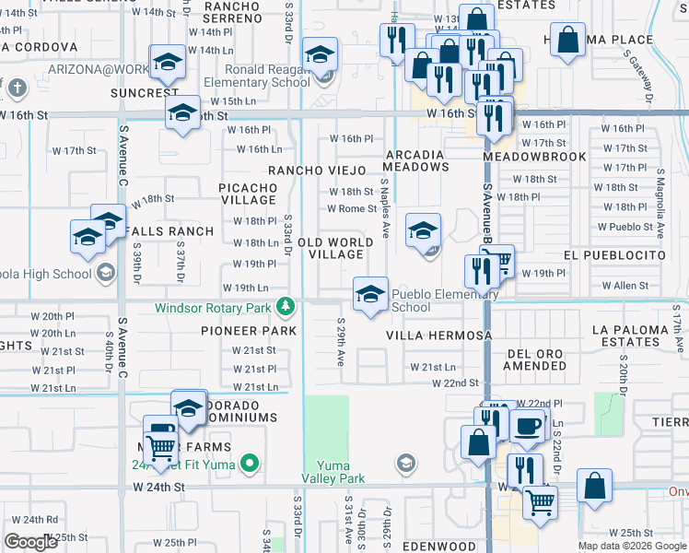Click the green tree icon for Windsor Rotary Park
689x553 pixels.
point(286,305)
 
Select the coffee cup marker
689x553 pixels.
point(527,427)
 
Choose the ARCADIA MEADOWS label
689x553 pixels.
point(417,160)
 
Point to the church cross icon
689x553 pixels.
point(16,88)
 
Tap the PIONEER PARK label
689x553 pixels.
point(250,331)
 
